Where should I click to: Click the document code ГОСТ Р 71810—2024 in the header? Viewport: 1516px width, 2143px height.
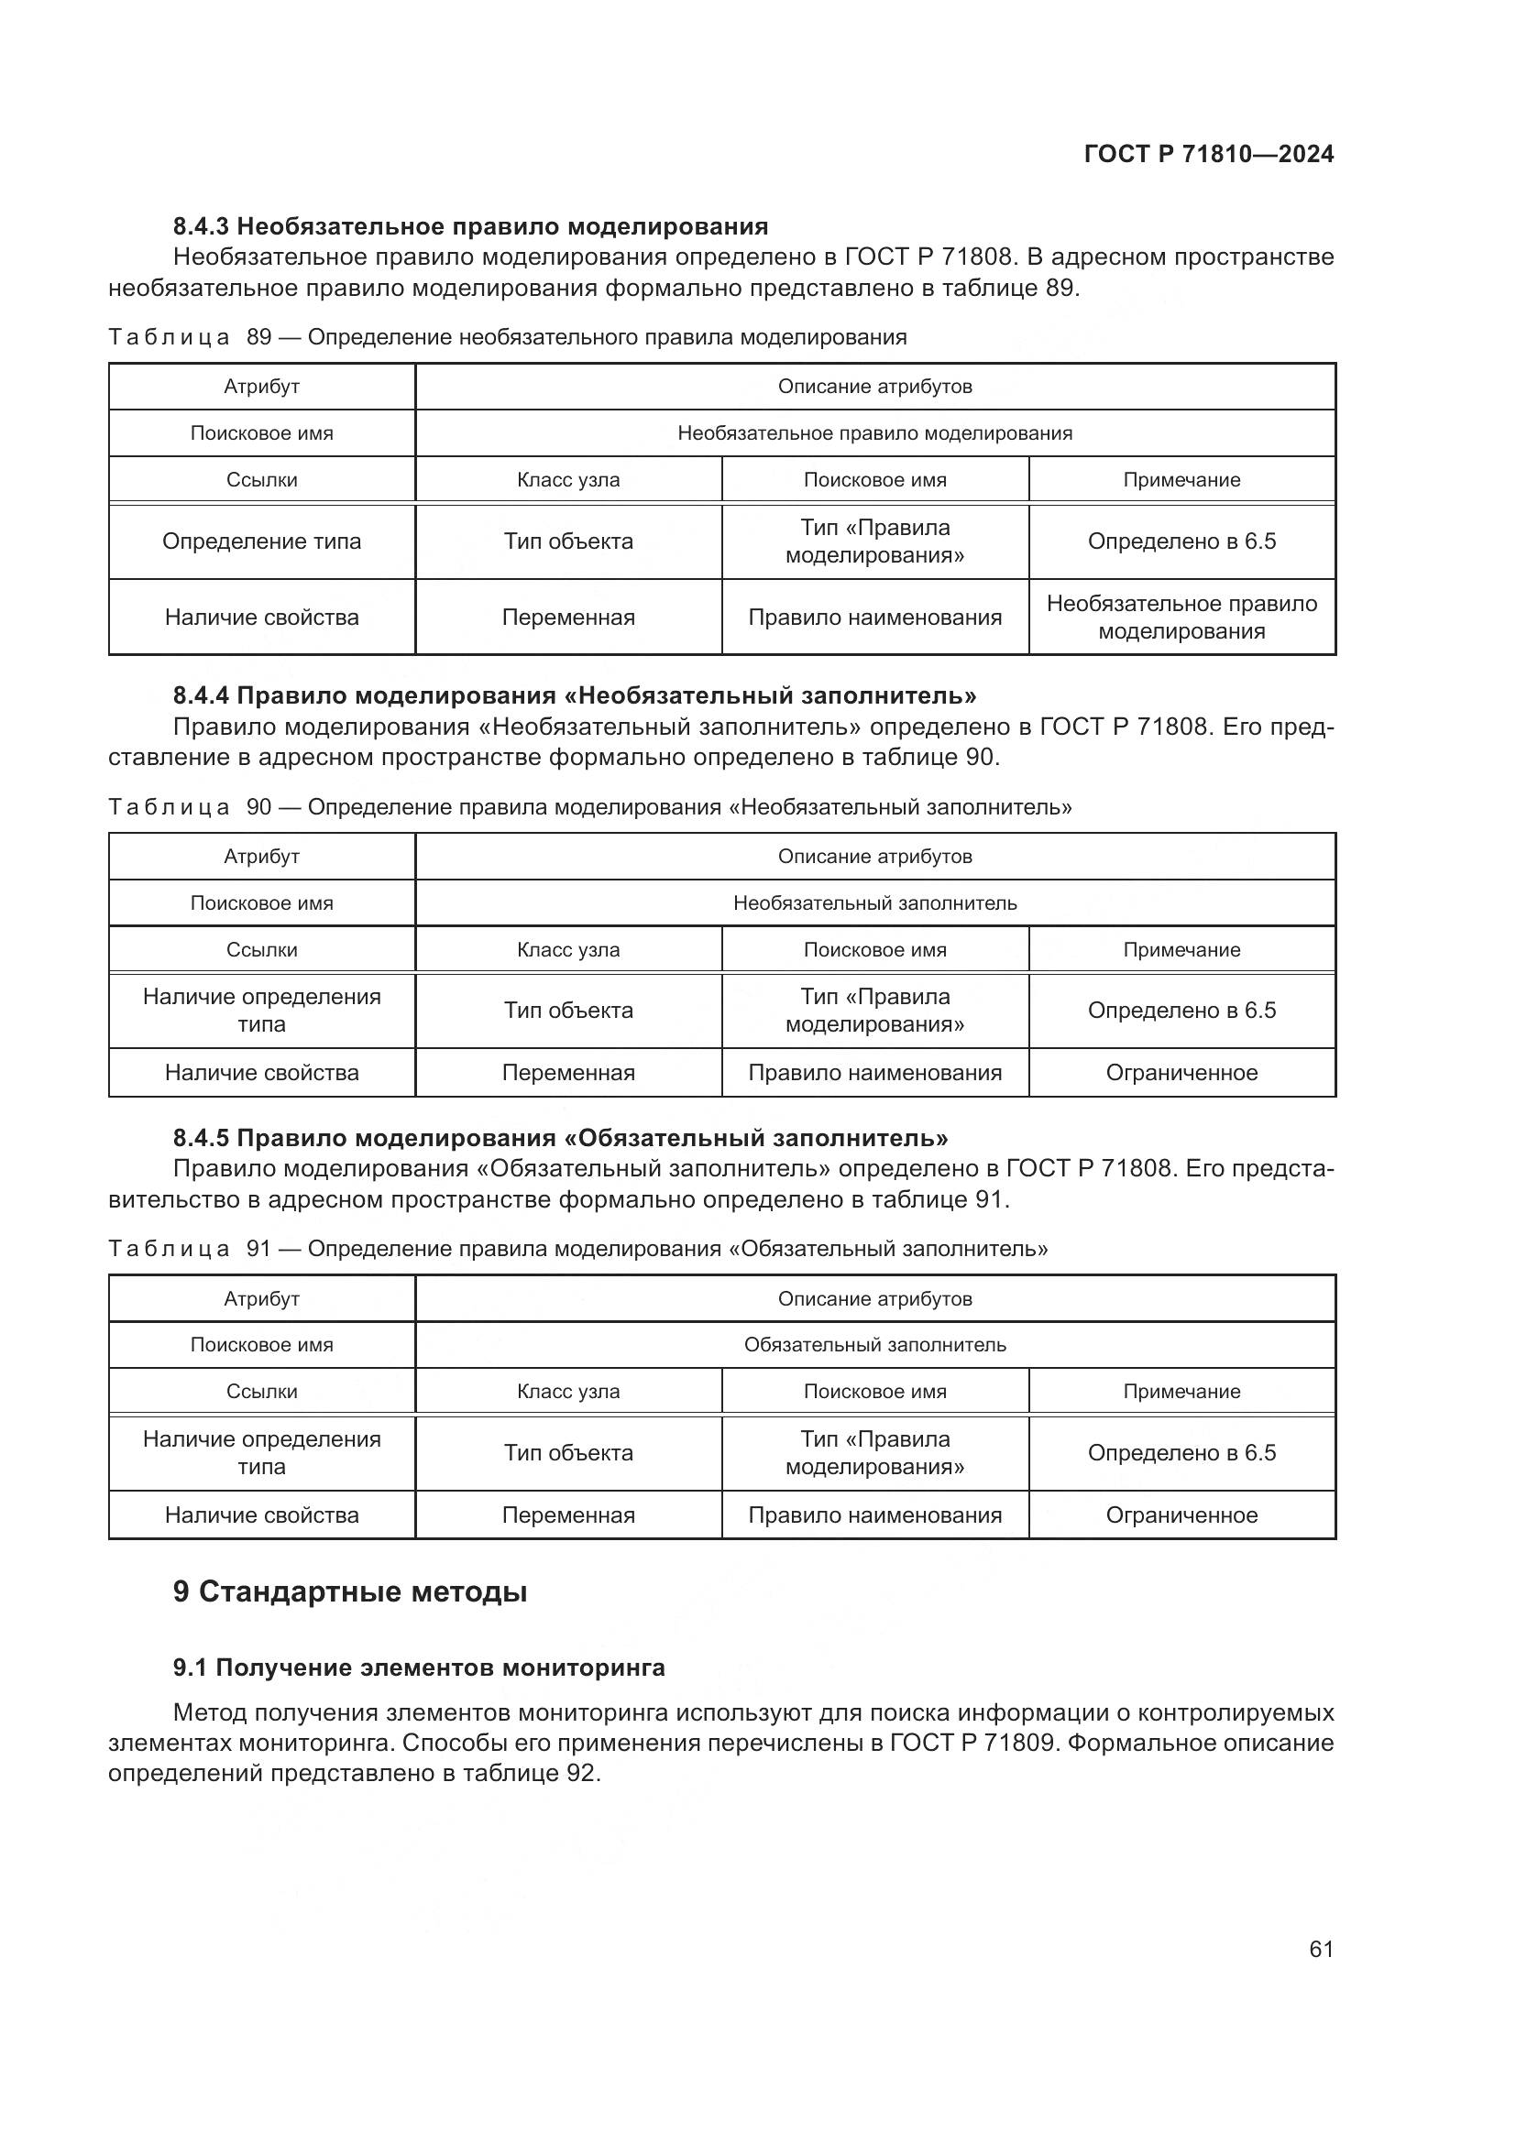1209,154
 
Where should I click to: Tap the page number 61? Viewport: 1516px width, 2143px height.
1321,1949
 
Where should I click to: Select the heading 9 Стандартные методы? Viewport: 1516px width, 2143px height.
350,1591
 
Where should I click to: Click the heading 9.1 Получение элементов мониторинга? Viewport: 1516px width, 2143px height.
418,1667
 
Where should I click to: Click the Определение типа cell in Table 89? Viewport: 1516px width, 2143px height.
261,541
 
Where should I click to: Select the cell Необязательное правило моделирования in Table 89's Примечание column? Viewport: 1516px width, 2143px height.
1181,617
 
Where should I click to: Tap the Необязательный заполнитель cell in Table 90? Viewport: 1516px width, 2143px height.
874,902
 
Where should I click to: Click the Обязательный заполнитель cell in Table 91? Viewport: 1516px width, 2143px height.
874,1345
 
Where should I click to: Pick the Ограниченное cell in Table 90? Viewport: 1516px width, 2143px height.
1181,1073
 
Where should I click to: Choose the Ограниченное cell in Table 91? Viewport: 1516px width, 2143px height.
1181,1514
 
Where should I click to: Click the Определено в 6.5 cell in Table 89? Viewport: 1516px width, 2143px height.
1181,541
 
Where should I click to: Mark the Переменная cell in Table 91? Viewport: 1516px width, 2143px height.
567,1514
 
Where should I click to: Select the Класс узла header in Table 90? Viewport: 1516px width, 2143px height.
567,949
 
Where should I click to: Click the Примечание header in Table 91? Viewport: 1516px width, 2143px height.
1181,1392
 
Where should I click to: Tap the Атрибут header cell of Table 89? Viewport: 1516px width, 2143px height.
261,387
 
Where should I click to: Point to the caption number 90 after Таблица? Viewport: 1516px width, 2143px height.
258,807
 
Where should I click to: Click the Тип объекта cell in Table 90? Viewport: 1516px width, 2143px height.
567,1010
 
